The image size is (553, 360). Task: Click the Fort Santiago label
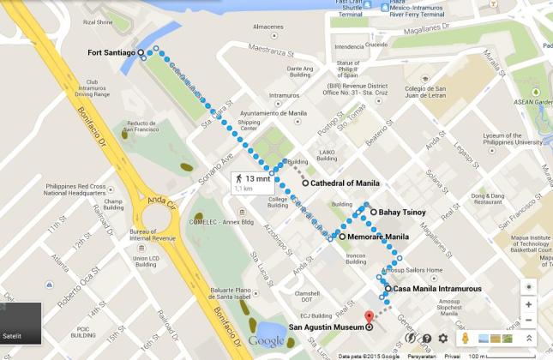tap(111, 53)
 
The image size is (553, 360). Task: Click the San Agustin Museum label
tap(326, 327)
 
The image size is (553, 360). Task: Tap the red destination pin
tap(370, 316)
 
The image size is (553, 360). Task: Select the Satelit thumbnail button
tap(21, 322)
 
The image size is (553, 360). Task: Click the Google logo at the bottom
tap(266, 342)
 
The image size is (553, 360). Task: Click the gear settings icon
tap(443, 339)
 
